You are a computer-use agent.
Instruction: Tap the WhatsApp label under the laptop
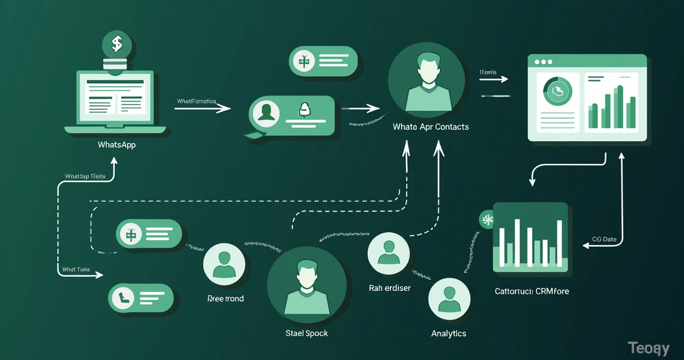coord(116,145)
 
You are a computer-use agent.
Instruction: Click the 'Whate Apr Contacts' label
coord(431,127)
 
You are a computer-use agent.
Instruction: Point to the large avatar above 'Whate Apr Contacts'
coord(427,80)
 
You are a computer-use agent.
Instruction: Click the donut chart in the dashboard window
coord(557,91)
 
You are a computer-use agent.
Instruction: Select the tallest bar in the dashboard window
coord(619,107)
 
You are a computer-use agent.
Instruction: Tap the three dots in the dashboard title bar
coord(543,62)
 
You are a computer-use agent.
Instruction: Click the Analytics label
coord(448,333)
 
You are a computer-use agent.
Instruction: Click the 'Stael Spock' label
coord(307,333)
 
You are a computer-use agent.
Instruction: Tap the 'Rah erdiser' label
coord(390,288)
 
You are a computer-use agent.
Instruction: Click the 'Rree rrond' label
coord(226,299)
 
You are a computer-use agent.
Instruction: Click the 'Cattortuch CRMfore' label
coord(532,291)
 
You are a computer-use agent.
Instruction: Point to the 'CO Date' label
coord(605,239)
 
